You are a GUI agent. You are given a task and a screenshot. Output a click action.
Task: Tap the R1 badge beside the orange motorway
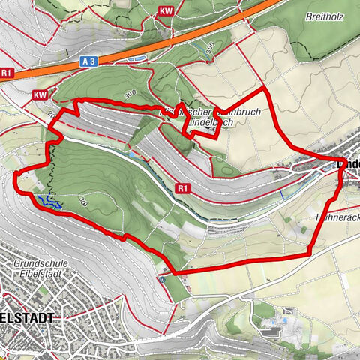(7, 73)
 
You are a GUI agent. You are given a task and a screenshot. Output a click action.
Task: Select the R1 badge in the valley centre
(182, 187)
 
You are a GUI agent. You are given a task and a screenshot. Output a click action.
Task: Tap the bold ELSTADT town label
(26, 318)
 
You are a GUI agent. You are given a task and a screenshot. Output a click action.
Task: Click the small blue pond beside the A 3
(138, 57)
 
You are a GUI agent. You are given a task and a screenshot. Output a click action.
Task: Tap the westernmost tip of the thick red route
(15, 174)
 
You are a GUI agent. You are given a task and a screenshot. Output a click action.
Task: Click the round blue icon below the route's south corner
(162, 280)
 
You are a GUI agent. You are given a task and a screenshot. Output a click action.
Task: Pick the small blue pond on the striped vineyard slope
(133, 154)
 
